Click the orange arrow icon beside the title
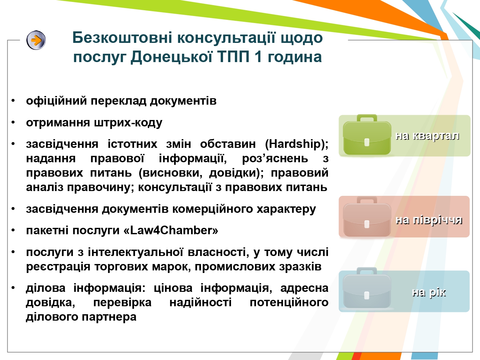click(x=36, y=40)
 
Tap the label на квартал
click(x=427, y=136)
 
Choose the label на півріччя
click(x=429, y=220)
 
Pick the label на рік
click(x=428, y=292)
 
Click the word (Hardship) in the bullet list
click(x=297, y=144)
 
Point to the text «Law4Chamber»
click(x=171, y=230)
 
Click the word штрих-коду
click(x=128, y=123)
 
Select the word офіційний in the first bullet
click(x=56, y=101)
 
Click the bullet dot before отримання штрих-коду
click(x=13, y=123)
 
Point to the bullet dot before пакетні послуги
click(x=13, y=230)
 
